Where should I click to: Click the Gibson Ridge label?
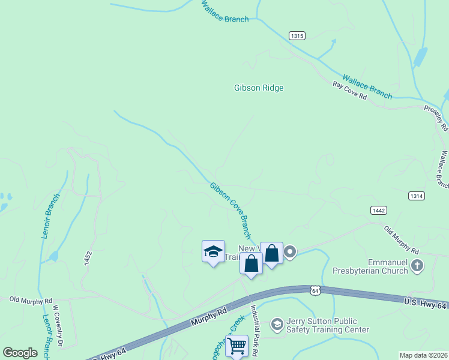point(258,88)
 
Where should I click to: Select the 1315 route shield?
point(297,36)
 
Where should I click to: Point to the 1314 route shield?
point(416,196)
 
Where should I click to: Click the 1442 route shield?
point(378,210)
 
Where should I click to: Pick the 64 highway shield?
point(315,290)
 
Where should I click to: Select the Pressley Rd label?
point(436,117)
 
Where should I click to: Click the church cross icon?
point(417,265)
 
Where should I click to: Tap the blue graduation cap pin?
point(213,252)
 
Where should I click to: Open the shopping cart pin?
point(237,346)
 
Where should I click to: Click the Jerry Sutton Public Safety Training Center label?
point(327,325)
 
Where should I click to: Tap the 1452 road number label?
point(88,258)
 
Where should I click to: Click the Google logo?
point(20,353)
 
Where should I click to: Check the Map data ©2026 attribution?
point(423,355)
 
